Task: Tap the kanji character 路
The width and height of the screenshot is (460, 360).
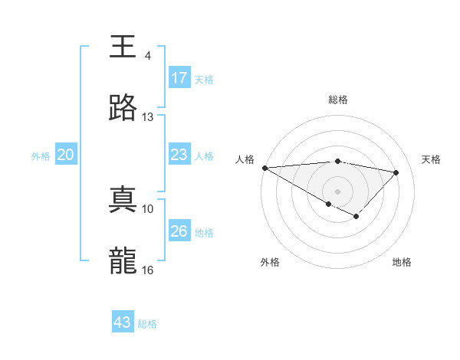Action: click(x=123, y=109)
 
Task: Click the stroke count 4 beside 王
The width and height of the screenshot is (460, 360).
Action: click(x=148, y=56)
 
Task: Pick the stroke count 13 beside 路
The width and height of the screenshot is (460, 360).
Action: click(x=148, y=117)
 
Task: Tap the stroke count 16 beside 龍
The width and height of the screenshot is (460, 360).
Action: click(x=148, y=270)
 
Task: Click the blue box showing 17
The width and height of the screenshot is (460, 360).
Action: click(x=179, y=78)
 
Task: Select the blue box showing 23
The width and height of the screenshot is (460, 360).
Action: click(x=179, y=155)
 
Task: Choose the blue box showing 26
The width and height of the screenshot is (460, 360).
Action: click(x=179, y=231)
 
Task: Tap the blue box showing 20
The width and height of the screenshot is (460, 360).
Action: click(x=66, y=155)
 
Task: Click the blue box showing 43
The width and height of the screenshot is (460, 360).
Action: click(x=123, y=322)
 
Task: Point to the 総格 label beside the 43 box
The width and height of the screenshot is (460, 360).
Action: click(x=148, y=324)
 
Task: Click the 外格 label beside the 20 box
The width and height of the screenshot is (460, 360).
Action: click(x=41, y=156)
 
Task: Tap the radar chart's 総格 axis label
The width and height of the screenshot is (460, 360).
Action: click(x=337, y=100)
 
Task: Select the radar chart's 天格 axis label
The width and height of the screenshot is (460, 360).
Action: click(x=431, y=159)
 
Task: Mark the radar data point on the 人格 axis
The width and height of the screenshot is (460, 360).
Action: click(x=264, y=168)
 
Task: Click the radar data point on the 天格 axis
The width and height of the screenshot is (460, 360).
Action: click(x=396, y=172)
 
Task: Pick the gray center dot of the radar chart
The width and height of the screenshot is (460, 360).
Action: click(x=337, y=191)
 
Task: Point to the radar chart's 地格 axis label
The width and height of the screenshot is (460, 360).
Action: click(x=402, y=263)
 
